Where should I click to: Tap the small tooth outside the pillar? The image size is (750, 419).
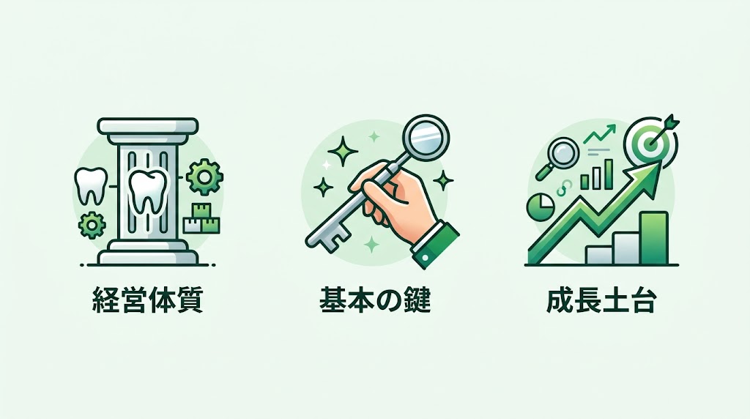(91, 186)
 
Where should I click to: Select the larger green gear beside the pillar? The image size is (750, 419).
(202, 177)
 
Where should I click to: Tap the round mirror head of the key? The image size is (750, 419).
(426, 136)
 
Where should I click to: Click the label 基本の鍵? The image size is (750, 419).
(374, 301)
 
